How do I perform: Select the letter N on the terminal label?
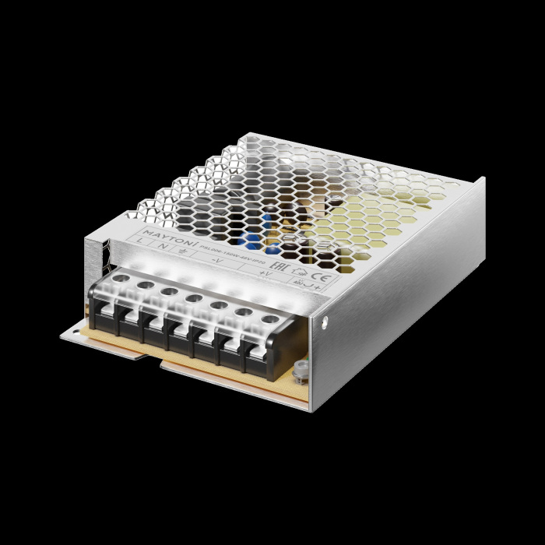162,248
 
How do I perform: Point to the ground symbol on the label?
182,251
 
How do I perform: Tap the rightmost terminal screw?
269,318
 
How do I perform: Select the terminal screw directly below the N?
145,284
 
